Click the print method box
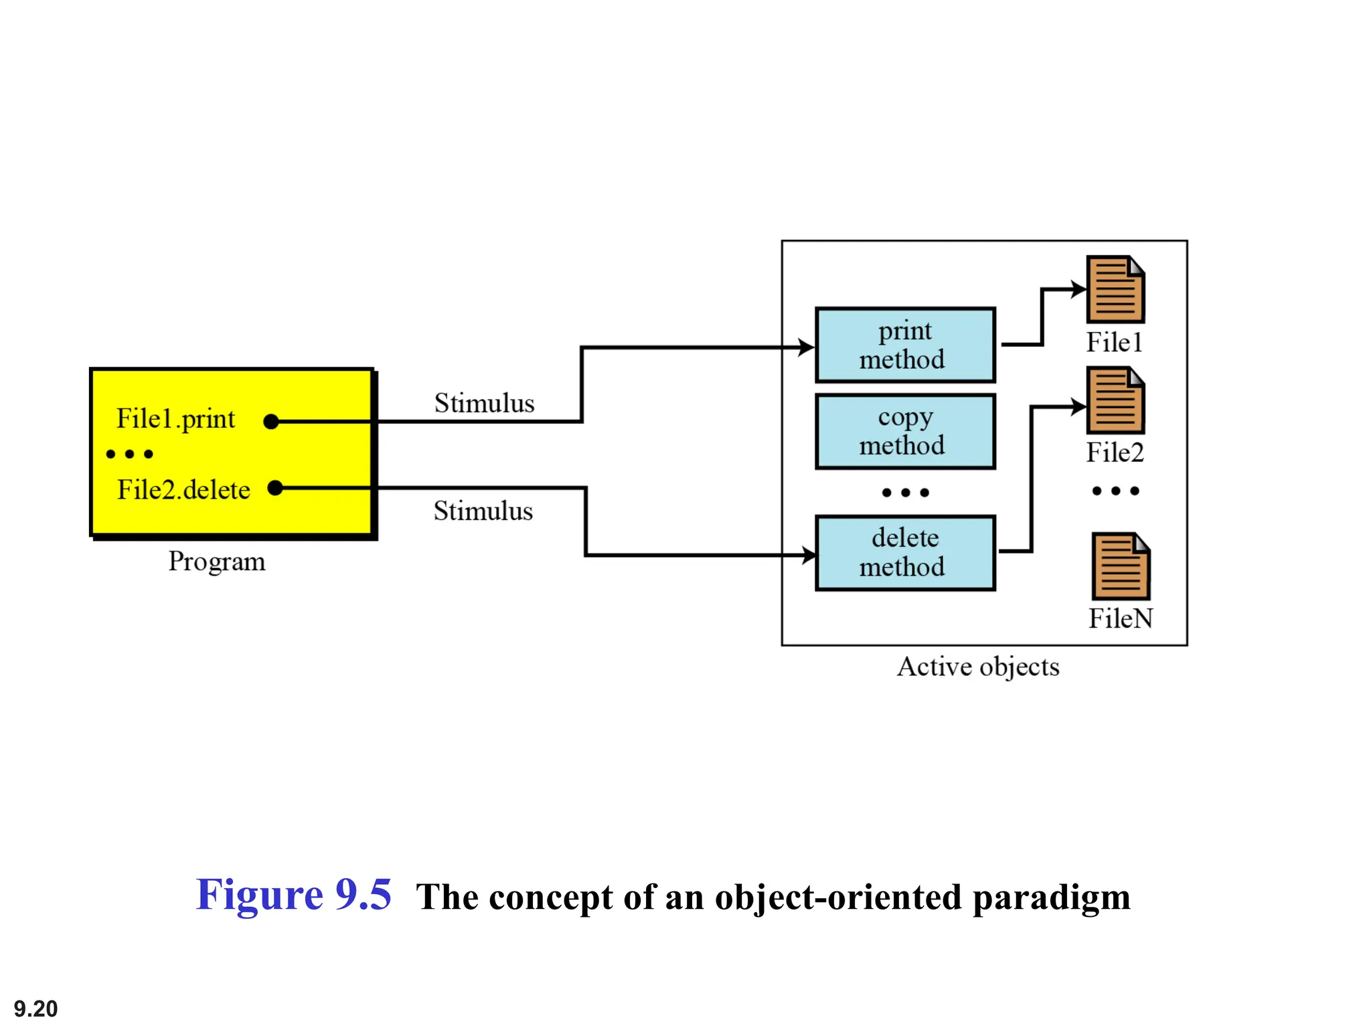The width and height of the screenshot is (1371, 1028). point(905,345)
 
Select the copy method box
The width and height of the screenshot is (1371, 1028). point(905,432)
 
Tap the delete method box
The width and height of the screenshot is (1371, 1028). point(905,553)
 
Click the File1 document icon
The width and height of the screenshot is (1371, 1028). point(1115,290)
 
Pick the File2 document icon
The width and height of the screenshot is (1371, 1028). point(1115,400)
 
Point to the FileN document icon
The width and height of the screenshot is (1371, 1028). point(1121,566)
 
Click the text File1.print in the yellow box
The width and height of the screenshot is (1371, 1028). point(175,419)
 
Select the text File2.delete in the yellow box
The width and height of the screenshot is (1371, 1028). point(183,490)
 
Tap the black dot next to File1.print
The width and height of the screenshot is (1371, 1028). point(271,422)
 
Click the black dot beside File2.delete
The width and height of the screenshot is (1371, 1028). point(275,488)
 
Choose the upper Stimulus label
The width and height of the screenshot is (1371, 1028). point(484,404)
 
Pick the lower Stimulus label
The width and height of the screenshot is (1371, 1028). point(483,511)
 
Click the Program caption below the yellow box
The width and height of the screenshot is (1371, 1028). point(217,562)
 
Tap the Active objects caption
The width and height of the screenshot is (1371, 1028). point(978,667)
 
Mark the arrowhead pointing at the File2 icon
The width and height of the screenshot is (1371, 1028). point(1078,406)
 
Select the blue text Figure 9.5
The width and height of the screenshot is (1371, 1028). point(293,895)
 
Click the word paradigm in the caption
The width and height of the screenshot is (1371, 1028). point(1051,898)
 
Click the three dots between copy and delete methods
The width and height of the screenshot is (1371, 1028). point(905,493)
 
